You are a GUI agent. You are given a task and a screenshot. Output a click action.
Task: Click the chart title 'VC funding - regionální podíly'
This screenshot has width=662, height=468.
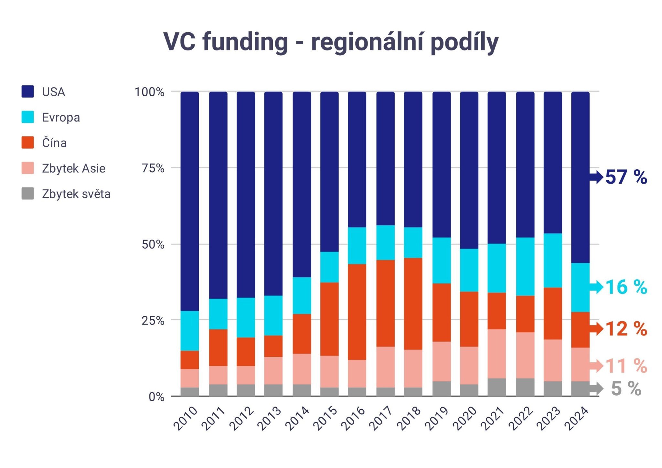(331, 42)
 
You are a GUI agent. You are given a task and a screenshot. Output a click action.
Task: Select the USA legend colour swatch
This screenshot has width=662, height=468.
(27, 91)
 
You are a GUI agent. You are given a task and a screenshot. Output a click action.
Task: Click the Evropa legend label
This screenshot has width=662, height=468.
(61, 117)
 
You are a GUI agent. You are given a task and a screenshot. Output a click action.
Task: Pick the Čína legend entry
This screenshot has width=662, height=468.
(54, 143)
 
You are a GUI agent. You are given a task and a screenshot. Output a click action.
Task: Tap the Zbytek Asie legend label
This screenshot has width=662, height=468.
(73, 168)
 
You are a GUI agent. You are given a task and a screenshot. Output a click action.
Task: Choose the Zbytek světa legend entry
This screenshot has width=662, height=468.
(76, 194)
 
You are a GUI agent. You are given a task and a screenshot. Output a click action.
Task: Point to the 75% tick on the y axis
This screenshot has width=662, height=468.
(153, 168)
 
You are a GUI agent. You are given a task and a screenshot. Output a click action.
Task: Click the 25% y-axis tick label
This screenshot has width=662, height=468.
(153, 321)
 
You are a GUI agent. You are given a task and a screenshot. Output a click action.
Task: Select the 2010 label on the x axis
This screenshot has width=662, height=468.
(185, 418)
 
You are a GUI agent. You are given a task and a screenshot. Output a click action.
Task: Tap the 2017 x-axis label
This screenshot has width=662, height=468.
(380, 418)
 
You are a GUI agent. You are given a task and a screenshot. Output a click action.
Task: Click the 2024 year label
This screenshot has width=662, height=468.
(576, 418)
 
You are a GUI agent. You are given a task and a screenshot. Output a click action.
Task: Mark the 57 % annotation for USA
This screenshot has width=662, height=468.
(626, 177)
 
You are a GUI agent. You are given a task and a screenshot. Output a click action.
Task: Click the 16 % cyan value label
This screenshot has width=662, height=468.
(626, 287)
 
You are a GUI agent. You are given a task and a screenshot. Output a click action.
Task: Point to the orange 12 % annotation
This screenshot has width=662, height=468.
(626, 329)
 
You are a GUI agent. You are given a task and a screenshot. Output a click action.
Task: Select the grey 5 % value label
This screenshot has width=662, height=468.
(626, 388)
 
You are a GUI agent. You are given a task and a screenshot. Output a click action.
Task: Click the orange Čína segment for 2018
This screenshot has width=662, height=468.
(413, 303)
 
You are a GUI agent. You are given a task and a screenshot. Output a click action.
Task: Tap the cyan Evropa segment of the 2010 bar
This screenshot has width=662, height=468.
(189, 331)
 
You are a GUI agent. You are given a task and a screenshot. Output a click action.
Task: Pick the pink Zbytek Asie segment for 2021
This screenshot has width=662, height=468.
(496, 354)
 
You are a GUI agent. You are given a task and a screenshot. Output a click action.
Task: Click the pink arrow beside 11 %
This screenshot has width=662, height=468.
(596, 366)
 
